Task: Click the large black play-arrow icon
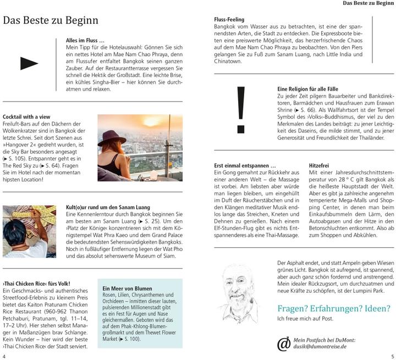point(29,64)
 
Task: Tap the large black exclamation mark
point(240,111)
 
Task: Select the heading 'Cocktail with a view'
point(26,117)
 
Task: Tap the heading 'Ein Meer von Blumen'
point(127,288)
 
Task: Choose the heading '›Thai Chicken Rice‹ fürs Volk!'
point(36,283)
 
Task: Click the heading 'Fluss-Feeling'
point(229,20)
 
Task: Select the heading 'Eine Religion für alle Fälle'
point(307,89)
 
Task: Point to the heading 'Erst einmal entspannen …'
point(245,165)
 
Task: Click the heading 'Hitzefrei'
point(320,165)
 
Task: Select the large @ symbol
point(284,344)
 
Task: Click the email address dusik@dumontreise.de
point(320,347)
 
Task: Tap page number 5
point(392,356)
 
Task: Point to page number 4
point(4,356)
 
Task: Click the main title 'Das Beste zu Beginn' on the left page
point(51,21)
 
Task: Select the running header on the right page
point(366,3)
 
